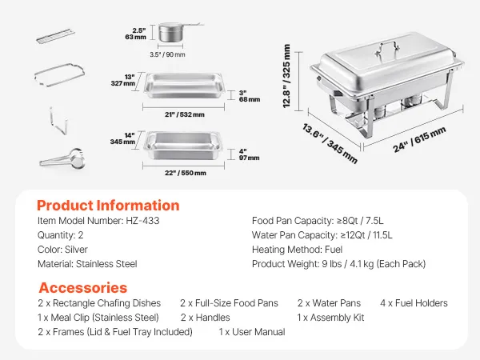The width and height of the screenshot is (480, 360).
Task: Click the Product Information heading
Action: [108, 206]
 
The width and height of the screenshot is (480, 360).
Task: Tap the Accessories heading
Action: [82, 288]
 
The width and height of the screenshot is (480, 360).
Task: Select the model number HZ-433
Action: [142, 221]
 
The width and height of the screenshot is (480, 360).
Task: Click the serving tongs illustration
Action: [62, 158]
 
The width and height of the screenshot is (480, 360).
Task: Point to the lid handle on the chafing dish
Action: [387, 50]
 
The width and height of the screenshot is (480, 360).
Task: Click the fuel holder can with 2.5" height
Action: [171, 33]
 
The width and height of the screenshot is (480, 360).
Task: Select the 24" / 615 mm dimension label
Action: [419, 139]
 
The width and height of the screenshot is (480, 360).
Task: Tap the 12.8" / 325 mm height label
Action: [286, 76]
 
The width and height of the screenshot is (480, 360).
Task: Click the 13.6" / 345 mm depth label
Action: [330, 143]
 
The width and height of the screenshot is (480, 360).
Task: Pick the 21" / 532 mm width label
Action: [185, 114]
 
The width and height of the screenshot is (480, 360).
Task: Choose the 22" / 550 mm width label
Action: [186, 173]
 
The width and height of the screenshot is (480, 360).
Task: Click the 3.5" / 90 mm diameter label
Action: [167, 54]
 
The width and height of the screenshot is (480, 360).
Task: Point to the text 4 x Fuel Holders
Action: [414, 303]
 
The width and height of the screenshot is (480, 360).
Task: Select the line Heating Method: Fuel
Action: [297, 250]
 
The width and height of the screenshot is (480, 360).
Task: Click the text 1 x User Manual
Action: [252, 332]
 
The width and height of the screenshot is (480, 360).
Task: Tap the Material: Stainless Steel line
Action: [87, 264]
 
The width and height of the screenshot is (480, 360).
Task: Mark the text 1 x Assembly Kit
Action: [330, 318]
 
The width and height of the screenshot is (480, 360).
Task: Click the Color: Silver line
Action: [62, 250]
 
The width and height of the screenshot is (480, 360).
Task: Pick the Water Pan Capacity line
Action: [322, 235]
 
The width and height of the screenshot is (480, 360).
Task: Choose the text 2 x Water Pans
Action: [329, 303]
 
